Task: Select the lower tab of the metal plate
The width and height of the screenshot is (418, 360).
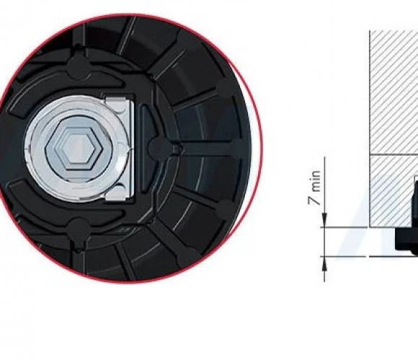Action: pos(115,195)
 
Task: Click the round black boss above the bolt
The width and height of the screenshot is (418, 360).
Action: pos(78,66)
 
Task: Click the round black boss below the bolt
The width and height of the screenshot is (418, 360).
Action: pos(78,229)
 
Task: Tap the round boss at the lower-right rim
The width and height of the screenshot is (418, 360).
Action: pos(226,209)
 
